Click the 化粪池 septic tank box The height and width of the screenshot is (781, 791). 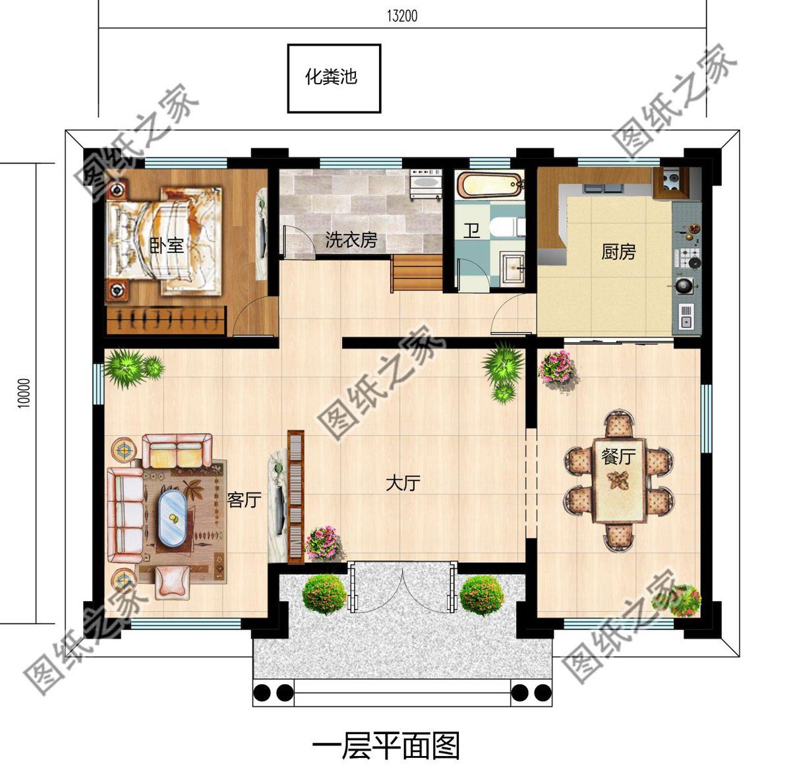pyautogui.click(x=334, y=78)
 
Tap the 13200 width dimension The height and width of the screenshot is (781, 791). pyautogui.click(x=401, y=16)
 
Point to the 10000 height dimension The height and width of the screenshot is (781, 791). pyautogui.click(x=24, y=393)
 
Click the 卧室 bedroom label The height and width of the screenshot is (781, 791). pyautogui.click(x=166, y=246)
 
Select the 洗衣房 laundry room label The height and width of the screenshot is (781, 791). pyautogui.click(x=351, y=240)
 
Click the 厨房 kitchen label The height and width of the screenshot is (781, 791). pyautogui.click(x=618, y=252)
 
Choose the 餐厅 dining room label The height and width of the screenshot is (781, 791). pyautogui.click(x=618, y=456)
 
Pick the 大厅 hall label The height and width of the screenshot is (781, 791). pyautogui.click(x=402, y=484)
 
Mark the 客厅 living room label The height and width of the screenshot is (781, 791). pyautogui.click(x=244, y=500)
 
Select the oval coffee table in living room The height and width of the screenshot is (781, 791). pyautogui.click(x=172, y=517)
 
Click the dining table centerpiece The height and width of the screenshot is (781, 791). pyautogui.click(x=618, y=479)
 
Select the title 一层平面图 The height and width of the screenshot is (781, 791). pyautogui.click(x=386, y=747)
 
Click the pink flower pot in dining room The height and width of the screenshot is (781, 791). pyautogui.click(x=557, y=367)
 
